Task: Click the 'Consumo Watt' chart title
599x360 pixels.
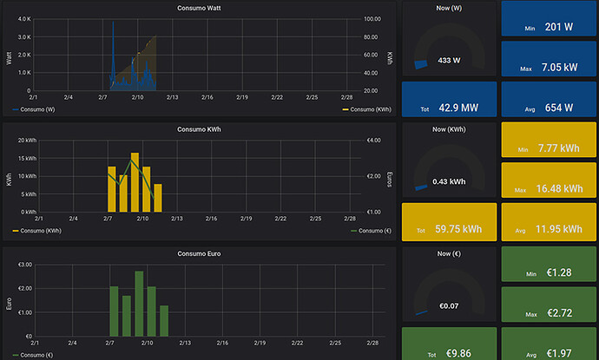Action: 199,8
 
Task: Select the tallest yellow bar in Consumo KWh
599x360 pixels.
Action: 135,182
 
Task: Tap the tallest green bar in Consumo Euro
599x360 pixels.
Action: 139,304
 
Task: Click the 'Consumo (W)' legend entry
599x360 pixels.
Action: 34,109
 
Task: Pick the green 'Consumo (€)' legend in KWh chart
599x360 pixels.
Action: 371,231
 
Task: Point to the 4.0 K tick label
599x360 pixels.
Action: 24,19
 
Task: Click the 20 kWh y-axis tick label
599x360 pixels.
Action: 27,141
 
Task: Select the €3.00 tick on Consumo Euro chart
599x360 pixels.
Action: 25,265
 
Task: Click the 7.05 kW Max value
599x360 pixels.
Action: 559,67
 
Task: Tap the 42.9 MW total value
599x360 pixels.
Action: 458,108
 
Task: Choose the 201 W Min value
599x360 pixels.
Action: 559,27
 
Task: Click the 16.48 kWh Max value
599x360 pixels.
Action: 560,188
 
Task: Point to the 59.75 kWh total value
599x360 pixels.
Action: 458,229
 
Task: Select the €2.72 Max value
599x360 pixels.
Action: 560,313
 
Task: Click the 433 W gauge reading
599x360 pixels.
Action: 449,61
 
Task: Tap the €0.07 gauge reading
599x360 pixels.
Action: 449,306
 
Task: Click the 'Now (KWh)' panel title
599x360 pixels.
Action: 449,129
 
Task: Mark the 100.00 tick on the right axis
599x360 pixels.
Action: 372,19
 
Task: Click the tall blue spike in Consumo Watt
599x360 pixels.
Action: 113,54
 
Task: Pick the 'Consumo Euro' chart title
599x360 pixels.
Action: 199,253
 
